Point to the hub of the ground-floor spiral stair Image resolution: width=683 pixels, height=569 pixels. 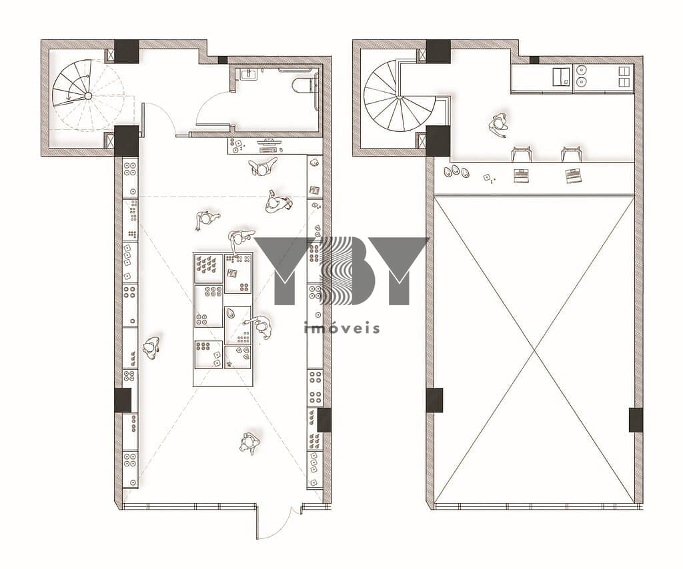87,96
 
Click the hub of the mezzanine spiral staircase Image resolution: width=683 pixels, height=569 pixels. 399,97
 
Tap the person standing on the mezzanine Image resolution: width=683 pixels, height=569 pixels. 498,125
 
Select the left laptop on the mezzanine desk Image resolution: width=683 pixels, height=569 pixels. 522,175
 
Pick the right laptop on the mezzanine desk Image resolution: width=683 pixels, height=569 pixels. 573,175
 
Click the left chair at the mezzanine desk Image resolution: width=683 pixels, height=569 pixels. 522,153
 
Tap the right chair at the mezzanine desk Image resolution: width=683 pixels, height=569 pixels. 572,153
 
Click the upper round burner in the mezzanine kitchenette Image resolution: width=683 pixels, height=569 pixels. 581,70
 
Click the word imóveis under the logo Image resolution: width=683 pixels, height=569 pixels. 341,328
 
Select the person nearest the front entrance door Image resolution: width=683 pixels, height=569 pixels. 249,443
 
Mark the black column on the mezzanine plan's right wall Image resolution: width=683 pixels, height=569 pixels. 636,420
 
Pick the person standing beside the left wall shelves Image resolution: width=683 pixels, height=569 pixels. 151,348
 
